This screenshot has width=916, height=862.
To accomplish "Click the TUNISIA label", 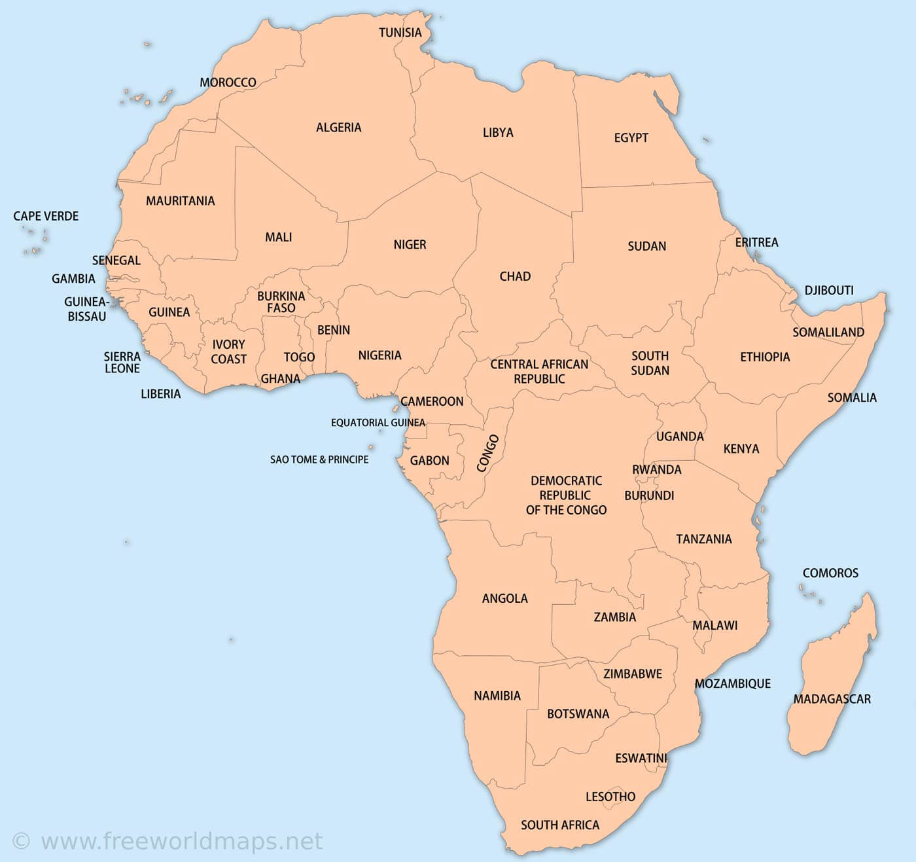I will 400,32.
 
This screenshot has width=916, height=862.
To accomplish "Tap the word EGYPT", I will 631,137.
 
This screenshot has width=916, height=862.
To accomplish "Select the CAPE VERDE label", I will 46,216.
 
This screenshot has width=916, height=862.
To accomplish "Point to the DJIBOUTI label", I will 829,290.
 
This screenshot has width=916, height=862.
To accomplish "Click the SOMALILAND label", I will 828,332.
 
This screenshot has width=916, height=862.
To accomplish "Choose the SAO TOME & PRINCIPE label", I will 319,459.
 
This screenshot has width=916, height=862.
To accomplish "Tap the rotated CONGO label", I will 487,453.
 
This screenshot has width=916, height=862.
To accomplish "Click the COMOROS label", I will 830,573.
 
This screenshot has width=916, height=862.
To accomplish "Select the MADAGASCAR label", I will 832,699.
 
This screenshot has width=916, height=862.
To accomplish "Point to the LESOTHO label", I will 610,797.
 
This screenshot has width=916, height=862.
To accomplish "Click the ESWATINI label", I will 641,758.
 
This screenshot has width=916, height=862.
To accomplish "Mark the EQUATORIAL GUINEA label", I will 378,423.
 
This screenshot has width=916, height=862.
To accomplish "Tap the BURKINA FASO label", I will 281,302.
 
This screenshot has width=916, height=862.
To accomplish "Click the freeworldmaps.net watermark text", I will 181,841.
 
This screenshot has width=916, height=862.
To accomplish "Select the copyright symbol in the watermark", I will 21,841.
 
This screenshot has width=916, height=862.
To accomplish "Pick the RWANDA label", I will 656,469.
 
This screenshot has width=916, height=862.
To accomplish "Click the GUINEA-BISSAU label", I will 86,309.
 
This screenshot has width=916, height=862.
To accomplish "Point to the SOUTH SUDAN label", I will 650,363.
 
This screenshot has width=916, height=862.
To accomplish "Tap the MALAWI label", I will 714,625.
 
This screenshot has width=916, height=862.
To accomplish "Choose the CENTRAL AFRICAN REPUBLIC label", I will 539,371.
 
